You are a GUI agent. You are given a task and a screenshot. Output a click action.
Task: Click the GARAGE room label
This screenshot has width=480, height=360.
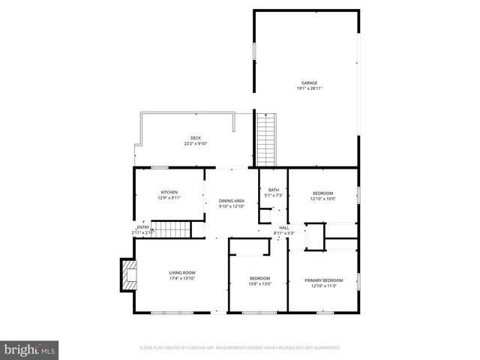point(309,82)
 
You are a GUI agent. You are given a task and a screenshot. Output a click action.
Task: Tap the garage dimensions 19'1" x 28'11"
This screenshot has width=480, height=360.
point(309,88)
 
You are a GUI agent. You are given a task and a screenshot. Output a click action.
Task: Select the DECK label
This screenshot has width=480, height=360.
point(195,137)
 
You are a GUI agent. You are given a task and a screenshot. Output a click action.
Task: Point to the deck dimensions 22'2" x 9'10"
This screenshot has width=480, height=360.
point(195,143)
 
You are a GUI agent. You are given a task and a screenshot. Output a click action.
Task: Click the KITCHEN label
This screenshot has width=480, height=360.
point(169,193)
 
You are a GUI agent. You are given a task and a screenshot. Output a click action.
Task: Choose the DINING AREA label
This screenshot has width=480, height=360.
point(232,200)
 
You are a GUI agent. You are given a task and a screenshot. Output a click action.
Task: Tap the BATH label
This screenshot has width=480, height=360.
point(274,190)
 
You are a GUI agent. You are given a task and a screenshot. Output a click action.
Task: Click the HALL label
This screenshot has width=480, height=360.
point(284,227)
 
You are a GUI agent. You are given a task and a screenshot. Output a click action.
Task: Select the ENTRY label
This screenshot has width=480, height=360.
point(142,227)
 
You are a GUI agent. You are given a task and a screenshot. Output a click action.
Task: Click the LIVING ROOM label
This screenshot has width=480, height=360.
point(181,272)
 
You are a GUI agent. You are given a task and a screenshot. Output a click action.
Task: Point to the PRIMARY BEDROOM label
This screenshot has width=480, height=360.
point(324,280)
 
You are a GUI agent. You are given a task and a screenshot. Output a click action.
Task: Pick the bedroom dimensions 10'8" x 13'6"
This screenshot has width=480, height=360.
point(259,283)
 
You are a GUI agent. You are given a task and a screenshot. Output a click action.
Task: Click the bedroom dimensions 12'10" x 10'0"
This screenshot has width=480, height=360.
point(324,199)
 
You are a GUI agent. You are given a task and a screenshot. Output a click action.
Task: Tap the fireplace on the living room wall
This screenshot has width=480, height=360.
point(128,275)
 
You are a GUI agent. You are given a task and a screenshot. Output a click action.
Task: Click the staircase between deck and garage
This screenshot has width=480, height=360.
point(266,139)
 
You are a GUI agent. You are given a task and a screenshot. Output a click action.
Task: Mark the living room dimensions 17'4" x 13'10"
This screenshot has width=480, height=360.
point(181,278)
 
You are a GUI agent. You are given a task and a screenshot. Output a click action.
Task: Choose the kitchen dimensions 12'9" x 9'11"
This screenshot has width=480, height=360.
point(169,199)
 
